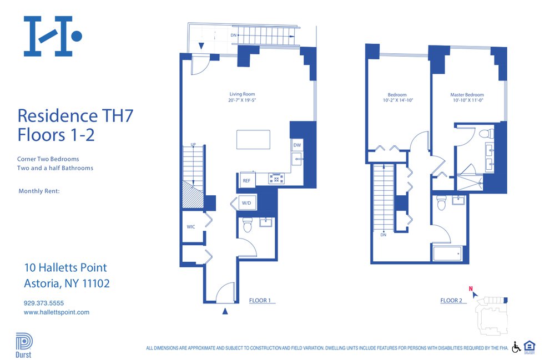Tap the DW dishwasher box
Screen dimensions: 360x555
297,145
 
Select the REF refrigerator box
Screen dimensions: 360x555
246,180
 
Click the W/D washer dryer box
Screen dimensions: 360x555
246,204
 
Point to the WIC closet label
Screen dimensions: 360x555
190,226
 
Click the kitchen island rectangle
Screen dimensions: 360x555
253,139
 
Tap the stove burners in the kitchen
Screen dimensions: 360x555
276,179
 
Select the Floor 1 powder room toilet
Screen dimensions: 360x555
248,225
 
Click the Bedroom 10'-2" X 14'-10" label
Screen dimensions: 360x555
397,98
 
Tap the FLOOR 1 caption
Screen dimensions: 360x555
260,301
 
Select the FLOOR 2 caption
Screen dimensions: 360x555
451,301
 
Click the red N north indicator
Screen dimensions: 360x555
471,288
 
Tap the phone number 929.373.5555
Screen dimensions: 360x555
44,303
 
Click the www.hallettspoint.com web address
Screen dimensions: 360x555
57,312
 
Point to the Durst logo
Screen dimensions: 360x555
23,344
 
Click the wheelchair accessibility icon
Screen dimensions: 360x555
516,347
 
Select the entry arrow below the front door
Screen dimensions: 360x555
225,312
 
